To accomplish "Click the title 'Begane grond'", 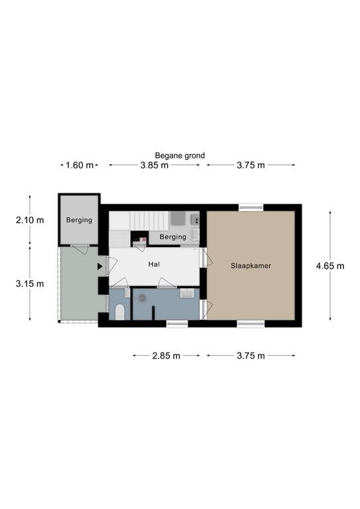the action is click(180, 156).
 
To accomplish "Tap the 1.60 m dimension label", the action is click(80, 165).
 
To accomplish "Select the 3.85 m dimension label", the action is click(154, 165).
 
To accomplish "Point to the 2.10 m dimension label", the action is click(30, 220).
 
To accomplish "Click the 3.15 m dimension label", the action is click(30, 284).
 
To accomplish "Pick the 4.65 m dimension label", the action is click(330, 266).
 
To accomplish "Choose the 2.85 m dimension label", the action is click(166, 356).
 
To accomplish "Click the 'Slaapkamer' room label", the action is click(251, 266).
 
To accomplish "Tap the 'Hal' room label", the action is click(154, 264).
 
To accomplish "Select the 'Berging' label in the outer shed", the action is click(79, 220).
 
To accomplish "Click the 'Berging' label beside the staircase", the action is click(173, 237).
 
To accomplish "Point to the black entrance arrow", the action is click(100, 266).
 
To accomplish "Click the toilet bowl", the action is click(120, 312).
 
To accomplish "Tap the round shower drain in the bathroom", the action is click(142, 298).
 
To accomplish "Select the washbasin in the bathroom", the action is click(187, 293).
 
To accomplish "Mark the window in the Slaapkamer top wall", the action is click(251, 207).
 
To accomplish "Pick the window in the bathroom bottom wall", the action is click(177, 323).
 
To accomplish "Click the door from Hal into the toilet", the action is click(119, 283).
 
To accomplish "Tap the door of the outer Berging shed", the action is click(80, 249).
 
